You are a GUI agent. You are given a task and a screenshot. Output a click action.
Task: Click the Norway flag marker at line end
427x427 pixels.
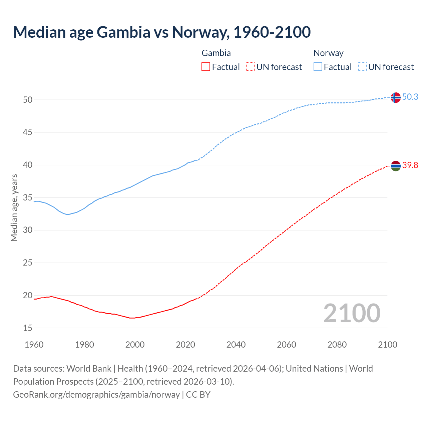point(395,97)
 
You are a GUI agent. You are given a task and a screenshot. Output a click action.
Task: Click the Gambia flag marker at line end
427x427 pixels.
point(395,166)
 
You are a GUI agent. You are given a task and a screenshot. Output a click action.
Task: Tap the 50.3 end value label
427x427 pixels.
point(410,97)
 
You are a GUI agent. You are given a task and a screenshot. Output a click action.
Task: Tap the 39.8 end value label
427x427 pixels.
point(410,165)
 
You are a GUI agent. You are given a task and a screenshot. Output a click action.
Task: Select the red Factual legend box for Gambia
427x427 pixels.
point(206,67)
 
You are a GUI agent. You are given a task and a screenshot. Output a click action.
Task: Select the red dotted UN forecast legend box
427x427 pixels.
point(250,67)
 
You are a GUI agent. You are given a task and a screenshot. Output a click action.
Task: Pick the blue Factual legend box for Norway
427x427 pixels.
point(318,67)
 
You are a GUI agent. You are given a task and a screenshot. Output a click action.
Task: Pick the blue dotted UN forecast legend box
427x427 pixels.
point(362,67)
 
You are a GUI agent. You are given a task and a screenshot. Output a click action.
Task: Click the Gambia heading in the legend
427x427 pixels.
point(216,53)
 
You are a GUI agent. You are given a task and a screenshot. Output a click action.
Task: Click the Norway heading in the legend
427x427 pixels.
point(328,53)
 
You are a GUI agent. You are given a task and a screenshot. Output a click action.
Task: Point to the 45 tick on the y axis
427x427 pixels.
point(28,132)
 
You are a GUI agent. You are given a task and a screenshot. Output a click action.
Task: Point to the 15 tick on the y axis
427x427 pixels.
point(28,328)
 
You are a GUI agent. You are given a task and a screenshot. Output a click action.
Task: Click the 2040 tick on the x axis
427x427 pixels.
point(236,345)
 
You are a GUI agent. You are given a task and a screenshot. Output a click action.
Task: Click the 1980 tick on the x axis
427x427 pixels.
point(84,345)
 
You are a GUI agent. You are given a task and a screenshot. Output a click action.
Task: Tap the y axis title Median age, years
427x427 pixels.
point(14,207)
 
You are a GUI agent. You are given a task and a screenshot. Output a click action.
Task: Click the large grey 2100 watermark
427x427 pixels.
point(352,313)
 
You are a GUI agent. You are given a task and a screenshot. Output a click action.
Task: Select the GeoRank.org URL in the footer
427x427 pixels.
point(96,395)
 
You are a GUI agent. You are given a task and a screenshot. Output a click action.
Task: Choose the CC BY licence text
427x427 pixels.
point(198,395)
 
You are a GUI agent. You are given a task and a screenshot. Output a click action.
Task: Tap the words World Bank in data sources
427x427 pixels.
point(89,369)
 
